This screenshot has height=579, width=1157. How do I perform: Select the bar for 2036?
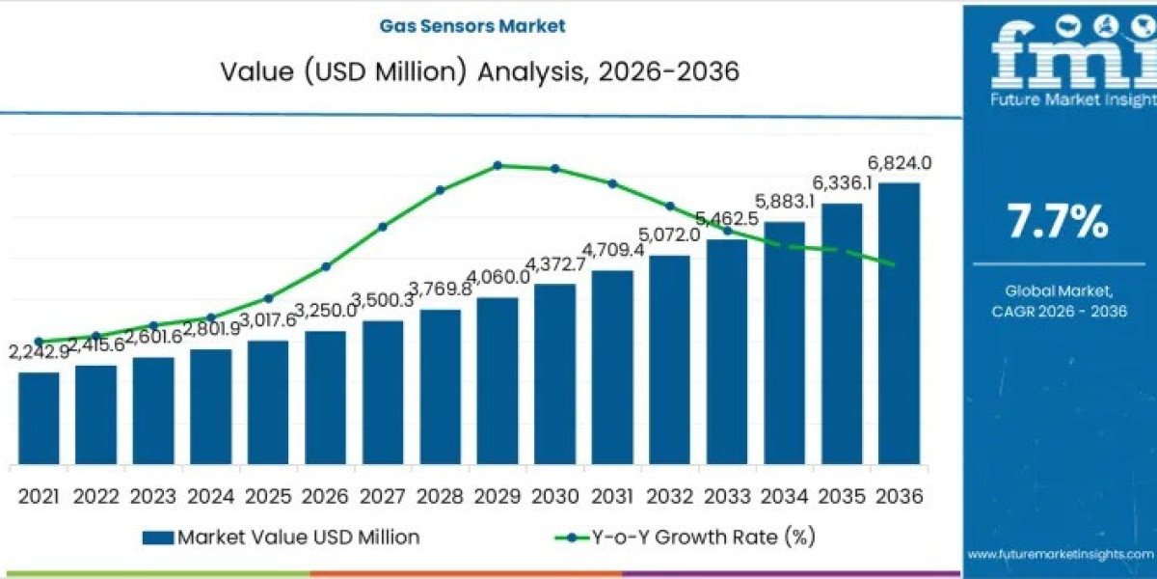[899, 323]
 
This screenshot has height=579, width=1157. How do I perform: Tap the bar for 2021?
[39, 418]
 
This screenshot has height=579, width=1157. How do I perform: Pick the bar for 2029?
[498, 381]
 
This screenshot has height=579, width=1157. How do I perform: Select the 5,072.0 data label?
[667, 234]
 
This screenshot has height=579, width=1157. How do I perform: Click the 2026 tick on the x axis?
[325, 495]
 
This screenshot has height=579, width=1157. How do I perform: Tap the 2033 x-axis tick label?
[727, 495]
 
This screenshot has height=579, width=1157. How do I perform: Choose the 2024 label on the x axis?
[210, 495]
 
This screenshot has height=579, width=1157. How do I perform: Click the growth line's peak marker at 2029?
[498, 165]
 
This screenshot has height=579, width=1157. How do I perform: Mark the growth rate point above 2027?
[383, 227]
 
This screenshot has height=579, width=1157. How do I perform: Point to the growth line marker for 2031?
[612, 183]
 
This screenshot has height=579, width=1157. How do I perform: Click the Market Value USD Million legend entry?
[280, 537]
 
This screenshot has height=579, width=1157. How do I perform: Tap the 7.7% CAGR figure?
[1058, 223]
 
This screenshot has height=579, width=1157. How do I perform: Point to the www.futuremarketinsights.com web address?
[1060, 554]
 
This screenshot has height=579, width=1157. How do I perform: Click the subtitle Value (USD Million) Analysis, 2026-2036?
[479, 72]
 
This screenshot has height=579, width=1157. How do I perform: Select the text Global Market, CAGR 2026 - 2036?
[1059, 300]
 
